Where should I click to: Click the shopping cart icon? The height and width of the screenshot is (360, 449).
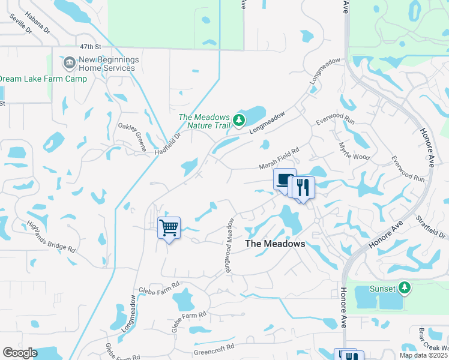pos(169,227)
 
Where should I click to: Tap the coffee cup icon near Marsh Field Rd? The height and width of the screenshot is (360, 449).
pos(285,179)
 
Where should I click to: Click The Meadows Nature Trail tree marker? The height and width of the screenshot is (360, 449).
pos(240,121)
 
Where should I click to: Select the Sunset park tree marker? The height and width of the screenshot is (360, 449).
pos(405,289)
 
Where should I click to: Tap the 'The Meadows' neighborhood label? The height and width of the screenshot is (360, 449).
pos(276,244)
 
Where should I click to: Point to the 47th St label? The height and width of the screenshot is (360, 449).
pos(90,46)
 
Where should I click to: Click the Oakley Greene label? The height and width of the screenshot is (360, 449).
pos(132,134)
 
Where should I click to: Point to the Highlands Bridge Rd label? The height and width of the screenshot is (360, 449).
pos(51,236)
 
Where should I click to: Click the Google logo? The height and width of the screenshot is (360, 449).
pos(20,353)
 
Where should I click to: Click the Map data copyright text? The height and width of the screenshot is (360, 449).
pos(423,356)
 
